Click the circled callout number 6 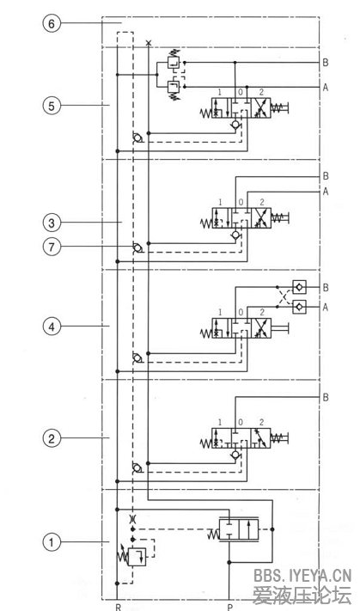[x=52, y=24]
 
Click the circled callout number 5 [x=52, y=106]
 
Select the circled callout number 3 [x=52, y=222]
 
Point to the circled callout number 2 [x=52, y=437]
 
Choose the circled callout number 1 [x=52, y=542]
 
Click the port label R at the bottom [x=118, y=606]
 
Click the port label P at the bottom [x=229, y=606]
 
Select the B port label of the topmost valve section [x=326, y=63]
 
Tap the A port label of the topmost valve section [x=326, y=87]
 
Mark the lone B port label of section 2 [x=326, y=398]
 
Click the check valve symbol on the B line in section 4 [x=298, y=288]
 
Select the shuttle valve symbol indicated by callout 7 [x=137, y=249]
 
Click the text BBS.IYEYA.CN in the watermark [x=302, y=576]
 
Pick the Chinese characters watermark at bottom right [x=302, y=595]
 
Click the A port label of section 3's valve [x=326, y=192]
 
